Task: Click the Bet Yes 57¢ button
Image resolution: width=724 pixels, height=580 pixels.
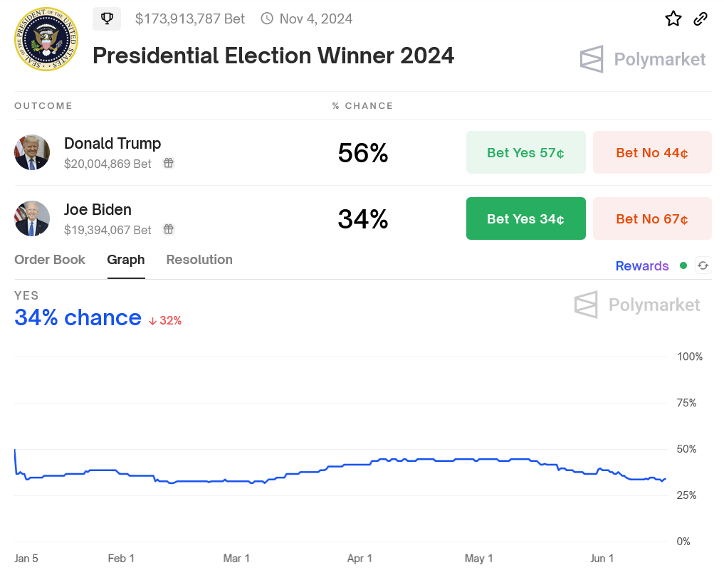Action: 525,152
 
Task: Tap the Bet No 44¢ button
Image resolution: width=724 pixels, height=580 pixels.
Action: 652,152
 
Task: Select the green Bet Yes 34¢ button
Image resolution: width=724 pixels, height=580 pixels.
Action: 525,218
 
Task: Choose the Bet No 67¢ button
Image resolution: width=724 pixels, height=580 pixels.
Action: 652,218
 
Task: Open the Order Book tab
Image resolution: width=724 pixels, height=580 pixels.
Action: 50,260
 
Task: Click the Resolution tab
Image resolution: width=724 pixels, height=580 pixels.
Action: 199,260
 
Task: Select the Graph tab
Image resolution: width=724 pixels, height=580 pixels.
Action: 126,260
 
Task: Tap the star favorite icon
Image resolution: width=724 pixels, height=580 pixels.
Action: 673,19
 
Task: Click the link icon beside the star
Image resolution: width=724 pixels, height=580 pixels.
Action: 701,19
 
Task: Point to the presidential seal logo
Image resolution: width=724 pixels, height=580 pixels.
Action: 46,39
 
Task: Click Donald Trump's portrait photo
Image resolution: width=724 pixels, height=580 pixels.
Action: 32,152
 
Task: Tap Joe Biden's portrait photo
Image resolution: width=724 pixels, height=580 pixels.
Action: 32,218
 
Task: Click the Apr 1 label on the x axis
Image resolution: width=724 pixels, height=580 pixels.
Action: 360,558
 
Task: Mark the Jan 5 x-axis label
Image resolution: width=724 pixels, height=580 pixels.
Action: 26,558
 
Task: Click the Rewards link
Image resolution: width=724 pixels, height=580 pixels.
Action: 642,266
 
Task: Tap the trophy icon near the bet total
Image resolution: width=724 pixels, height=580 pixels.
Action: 107,19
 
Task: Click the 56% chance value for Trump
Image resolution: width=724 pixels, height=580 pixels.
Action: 362,153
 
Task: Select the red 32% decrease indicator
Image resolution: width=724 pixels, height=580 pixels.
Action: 165,321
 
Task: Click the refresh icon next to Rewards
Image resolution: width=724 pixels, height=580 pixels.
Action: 703,265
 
